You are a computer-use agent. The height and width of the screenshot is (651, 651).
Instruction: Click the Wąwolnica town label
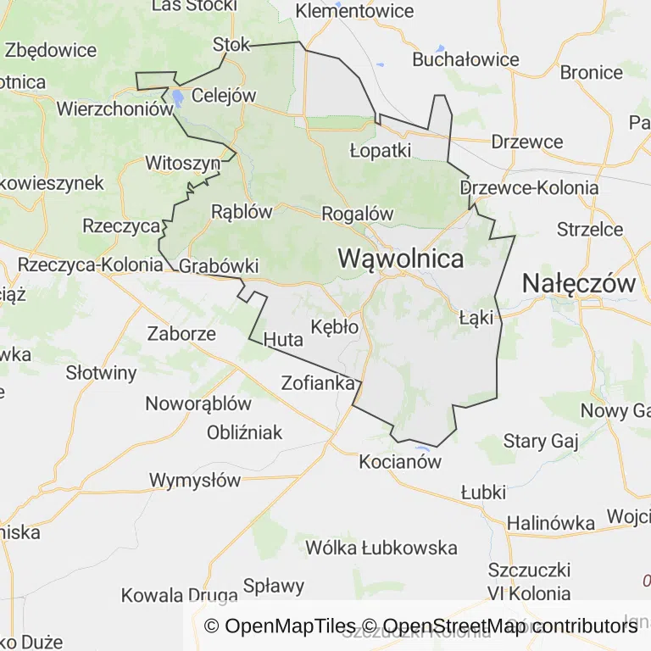(x=401, y=259)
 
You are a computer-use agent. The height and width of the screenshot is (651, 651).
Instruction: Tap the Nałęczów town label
(x=579, y=283)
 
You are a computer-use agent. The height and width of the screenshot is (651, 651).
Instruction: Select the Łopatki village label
(x=381, y=150)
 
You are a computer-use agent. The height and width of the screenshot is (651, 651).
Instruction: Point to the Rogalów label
(x=358, y=214)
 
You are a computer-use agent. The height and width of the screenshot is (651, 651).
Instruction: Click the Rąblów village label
(x=242, y=211)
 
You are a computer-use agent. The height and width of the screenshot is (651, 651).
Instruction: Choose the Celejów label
(x=224, y=95)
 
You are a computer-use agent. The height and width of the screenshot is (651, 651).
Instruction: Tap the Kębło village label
(x=336, y=326)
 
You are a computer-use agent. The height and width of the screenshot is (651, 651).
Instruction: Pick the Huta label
(x=283, y=340)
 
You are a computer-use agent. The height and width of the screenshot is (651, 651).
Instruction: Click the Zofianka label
(x=317, y=383)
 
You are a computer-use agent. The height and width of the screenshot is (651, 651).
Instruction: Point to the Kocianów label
(x=401, y=462)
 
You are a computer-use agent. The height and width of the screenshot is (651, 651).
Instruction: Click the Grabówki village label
(x=219, y=266)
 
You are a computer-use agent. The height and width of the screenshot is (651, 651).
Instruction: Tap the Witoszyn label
(x=183, y=162)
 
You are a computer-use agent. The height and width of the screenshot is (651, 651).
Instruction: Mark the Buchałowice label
(x=465, y=59)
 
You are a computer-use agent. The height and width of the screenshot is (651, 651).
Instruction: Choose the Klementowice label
(x=354, y=11)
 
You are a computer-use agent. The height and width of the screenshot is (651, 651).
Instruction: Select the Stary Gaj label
(x=540, y=441)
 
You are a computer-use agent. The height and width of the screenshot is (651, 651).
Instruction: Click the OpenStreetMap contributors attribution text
(x=509, y=626)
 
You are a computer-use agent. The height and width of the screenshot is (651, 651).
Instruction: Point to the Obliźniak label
(x=245, y=432)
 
